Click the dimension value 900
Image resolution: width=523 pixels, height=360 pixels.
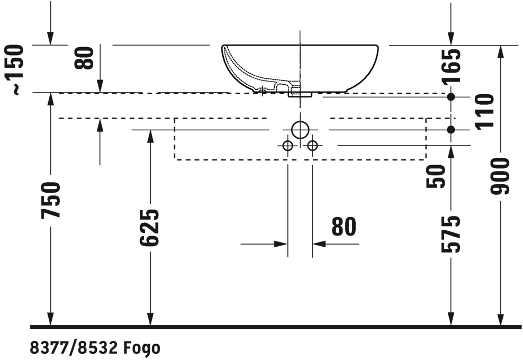500,176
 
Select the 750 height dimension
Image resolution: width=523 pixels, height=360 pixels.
51,200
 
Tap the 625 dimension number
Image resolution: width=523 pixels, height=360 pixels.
149,228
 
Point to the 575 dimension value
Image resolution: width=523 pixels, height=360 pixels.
450,234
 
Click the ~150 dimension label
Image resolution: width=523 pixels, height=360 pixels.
15,70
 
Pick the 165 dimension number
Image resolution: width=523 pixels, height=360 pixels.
451,66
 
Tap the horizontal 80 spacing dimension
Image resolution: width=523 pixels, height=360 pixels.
344,227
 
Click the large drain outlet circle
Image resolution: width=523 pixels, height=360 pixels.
300,130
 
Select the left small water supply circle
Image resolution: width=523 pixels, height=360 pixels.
287,146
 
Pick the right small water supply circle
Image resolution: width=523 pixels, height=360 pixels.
312,146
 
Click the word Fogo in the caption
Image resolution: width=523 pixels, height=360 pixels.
142,348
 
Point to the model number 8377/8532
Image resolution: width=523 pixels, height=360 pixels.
74,348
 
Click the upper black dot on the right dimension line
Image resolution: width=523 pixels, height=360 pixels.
451,97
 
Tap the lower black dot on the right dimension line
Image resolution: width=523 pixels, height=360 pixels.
451,130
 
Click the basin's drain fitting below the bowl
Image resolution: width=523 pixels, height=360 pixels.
300,95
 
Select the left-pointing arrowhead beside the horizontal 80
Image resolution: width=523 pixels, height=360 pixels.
319,244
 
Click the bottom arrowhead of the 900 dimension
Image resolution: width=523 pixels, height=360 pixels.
500,320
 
